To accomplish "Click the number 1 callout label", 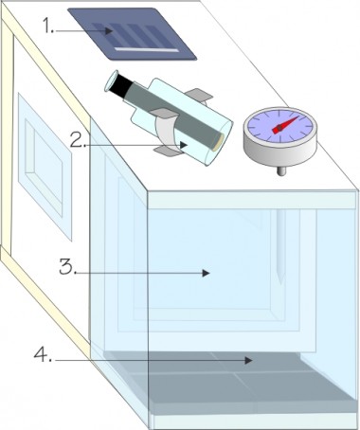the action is click(x=48, y=26).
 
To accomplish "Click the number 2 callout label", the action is click(x=78, y=140).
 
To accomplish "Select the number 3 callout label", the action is click(x=67, y=267).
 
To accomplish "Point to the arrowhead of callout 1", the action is click(x=109, y=31).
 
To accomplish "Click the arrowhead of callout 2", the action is click(x=184, y=145).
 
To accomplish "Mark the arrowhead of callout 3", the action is click(x=206, y=273).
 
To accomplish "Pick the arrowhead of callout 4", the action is click(x=248, y=360).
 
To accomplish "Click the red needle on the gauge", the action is click(x=285, y=125).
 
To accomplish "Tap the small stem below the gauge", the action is click(x=281, y=170).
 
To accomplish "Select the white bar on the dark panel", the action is click(x=146, y=49).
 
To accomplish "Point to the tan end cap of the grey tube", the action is click(x=218, y=142).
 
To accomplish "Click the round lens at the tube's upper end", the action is click(x=111, y=81).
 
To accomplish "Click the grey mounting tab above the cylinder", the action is click(x=198, y=94).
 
